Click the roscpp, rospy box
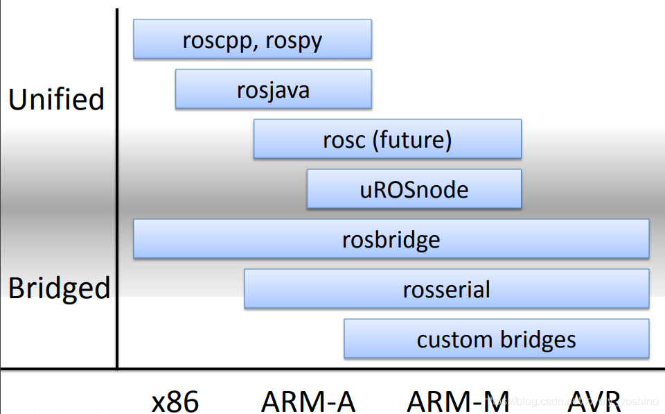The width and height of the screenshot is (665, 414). tap(252, 40)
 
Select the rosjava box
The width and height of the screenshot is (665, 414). tap(273, 89)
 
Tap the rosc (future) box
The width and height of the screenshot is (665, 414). tap(387, 139)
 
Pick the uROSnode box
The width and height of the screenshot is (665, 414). tap(414, 189)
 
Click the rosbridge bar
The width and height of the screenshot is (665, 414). tap(391, 239)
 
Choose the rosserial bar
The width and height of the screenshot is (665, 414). tap(446, 289)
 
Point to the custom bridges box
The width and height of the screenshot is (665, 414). tap(496, 339)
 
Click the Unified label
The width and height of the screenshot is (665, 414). tap(56, 99)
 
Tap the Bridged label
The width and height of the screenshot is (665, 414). tap(59, 288)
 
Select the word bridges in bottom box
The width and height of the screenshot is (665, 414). tap(535, 340)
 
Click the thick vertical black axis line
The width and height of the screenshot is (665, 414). tap(117, 187)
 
